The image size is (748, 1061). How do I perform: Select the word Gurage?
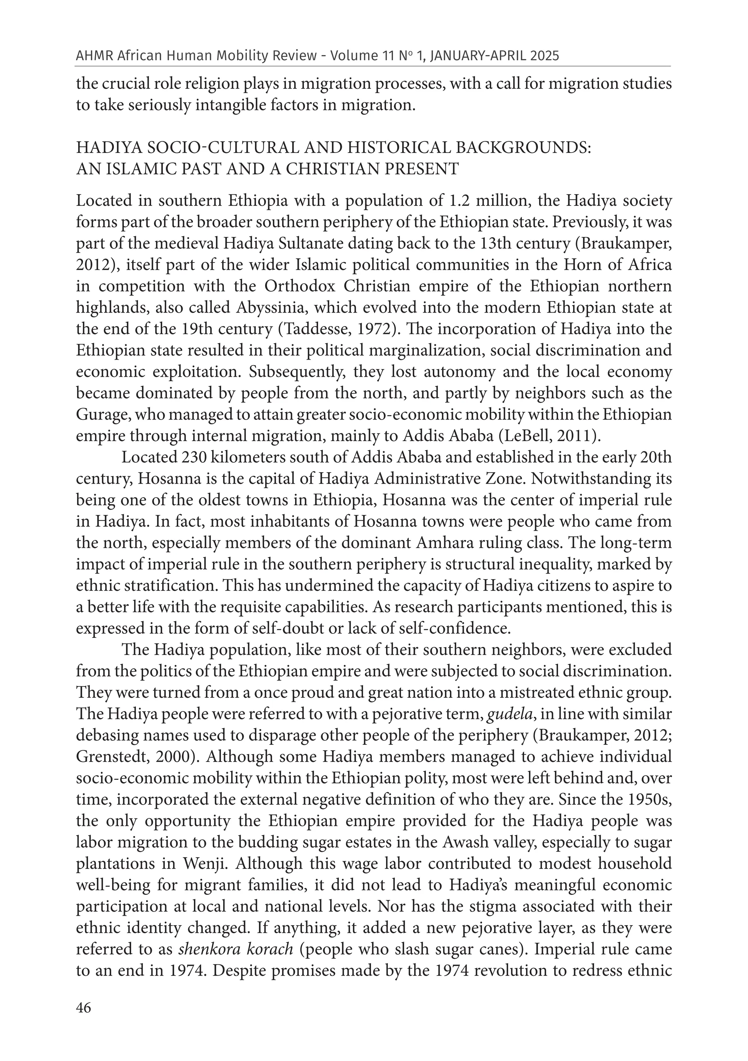pos(103,415)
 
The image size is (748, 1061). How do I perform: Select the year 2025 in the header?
pos(544,56)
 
